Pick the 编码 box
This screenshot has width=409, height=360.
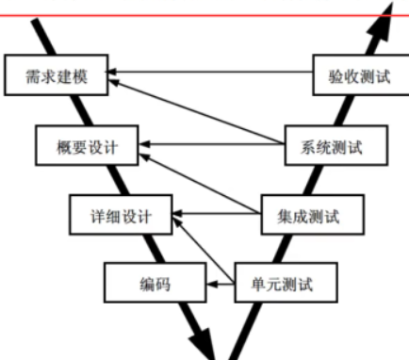click(x=155, y=282)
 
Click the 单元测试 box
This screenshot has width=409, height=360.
click(x=281, y=282)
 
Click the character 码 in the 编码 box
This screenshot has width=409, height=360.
click(x=163, y=282)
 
